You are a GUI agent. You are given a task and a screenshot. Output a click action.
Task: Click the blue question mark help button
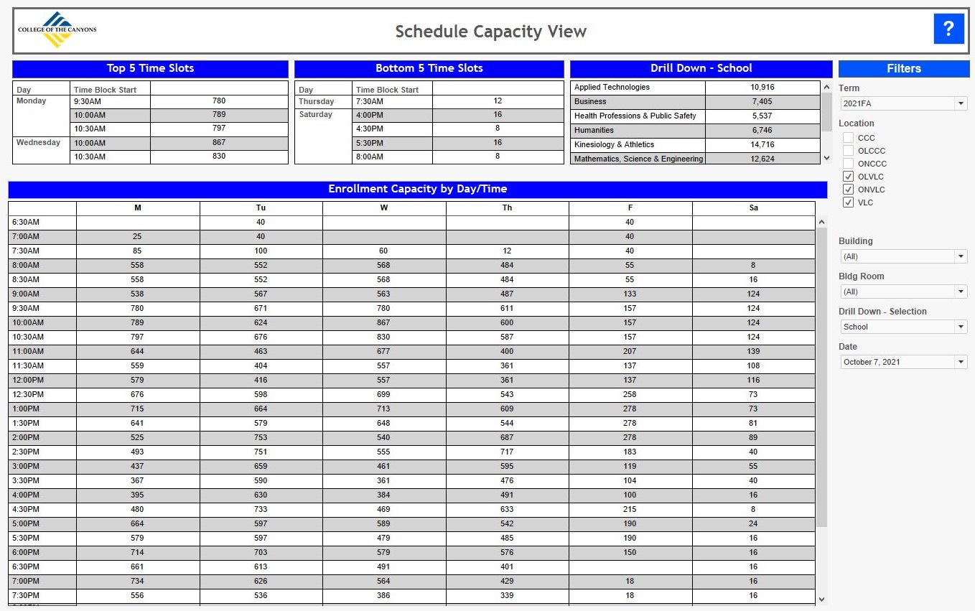(x=948, y=29)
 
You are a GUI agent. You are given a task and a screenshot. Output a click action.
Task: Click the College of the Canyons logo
(x=57, y=29)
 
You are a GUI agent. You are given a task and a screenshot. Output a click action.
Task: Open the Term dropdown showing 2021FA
(x=903, y=103)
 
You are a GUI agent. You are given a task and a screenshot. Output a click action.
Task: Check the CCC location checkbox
(x=848, y=138)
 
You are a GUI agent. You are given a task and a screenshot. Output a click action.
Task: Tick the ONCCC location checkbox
(x=848, y=164)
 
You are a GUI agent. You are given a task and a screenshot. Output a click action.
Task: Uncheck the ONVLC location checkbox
(x=848, y=190)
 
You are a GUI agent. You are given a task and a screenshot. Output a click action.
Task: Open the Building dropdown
(x=903, y=256)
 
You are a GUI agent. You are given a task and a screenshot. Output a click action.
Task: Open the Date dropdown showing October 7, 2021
(x=903, y=362)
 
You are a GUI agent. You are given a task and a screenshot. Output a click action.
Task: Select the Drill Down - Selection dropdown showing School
(x=903, y=327)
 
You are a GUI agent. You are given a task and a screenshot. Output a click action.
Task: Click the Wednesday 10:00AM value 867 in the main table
(x=383, y=322)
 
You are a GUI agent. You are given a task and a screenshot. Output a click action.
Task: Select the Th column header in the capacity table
(x=507, y=207)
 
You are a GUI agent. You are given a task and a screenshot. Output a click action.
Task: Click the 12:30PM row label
(x=28, y=394)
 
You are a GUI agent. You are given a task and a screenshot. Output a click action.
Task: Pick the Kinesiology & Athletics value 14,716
(x=762, y=144)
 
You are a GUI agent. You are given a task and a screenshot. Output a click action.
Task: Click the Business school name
(x=590, y=101)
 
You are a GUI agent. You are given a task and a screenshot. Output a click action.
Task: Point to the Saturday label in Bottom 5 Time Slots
(x=315, y=114)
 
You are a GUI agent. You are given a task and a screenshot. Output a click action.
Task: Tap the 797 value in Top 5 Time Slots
(x=219, y=129)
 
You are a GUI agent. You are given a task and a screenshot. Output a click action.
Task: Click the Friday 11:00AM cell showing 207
(x=630, y=351)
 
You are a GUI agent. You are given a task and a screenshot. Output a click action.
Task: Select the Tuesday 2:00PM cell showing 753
(x=261, y=437)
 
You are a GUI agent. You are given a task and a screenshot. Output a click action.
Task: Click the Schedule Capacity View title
(x=491, y=32)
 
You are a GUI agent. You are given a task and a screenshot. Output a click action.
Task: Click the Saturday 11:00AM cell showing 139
(x=753, y=351)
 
